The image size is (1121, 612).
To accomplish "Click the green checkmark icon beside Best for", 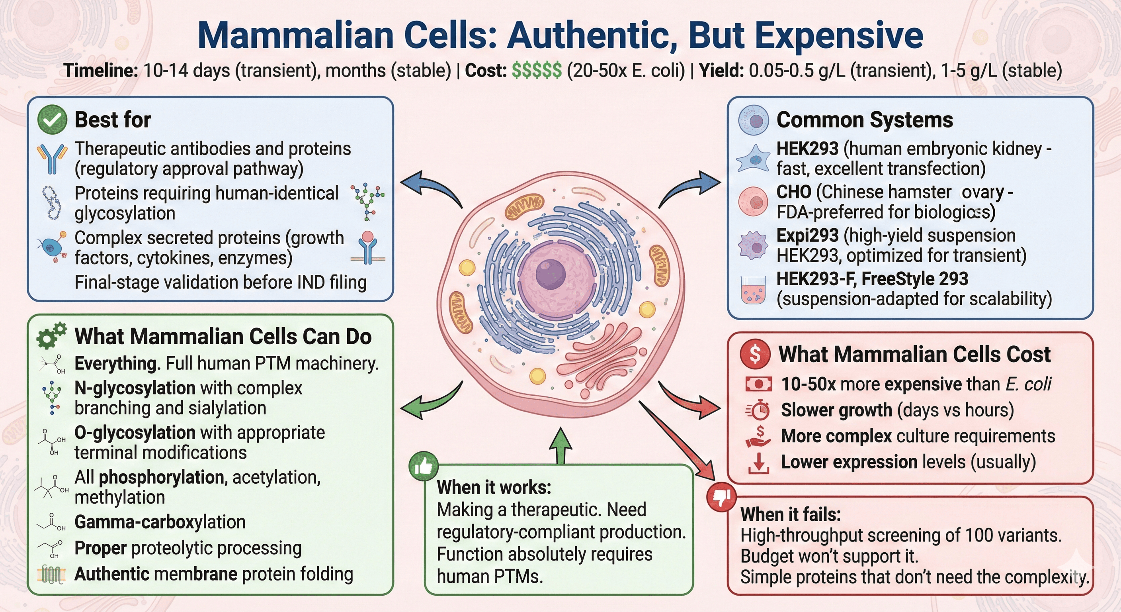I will click(x=52, y=120).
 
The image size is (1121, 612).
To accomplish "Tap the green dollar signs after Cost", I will click(x=537, y=71).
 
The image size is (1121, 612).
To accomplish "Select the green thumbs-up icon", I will click(x=424, y=467).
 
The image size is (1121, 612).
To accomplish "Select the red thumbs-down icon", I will click(x=721, y=497).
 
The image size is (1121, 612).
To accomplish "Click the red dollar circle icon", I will click(x=755, y=354).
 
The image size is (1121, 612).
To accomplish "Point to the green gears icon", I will click(x=51, y=336).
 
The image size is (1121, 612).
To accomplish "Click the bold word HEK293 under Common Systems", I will click(x=807, y=149).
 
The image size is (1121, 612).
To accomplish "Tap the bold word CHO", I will click(x=794, y=192).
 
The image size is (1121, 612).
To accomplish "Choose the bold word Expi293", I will click(x=807, y=235).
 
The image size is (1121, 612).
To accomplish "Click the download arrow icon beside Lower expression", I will click(x=758, y=463).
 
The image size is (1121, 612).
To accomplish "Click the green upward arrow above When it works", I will click(x=560, y=447).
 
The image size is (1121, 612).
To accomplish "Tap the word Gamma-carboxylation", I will click(x=160, y=522).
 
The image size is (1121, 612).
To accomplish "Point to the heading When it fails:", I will click(x=790, y=514).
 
